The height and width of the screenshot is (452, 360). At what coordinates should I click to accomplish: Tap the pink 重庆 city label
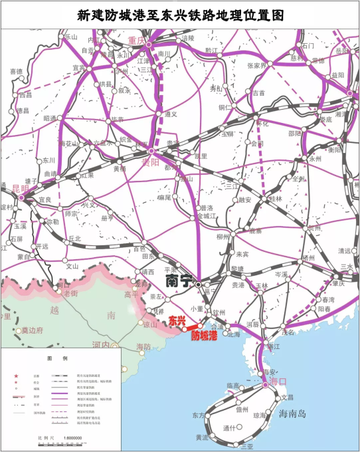tap(136, 41)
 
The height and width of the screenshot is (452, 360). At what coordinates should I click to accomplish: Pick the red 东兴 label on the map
tap(176, 320)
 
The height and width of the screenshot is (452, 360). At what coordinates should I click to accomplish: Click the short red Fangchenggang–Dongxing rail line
tap(193, 326)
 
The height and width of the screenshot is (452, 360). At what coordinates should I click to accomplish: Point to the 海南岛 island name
tap(292, 413)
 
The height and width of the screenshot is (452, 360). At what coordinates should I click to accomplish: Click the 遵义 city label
tap(171, 114)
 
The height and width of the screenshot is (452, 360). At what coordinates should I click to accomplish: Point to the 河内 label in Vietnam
tap(101, 345)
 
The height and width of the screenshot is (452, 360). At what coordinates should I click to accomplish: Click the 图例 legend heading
tap(61, 358)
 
